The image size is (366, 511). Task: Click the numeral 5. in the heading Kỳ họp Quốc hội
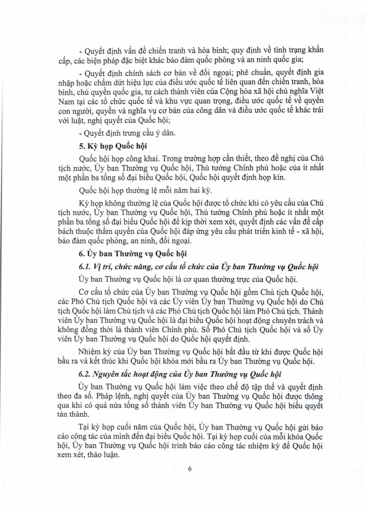coord(82,146)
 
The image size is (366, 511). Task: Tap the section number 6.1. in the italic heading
coord(85,267)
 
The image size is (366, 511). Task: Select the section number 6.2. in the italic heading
coord(85,374)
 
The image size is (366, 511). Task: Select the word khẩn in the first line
coord(316,50)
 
